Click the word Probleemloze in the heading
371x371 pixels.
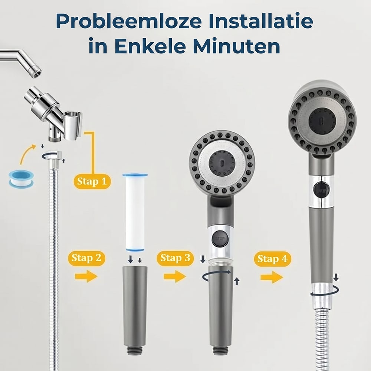click(129, 21)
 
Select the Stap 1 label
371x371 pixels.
click(92, 181)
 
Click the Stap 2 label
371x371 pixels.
click(86, 258)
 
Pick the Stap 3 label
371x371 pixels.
click(175, 258)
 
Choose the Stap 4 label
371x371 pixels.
click(272, 259)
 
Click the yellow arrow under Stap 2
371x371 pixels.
click(86, 276)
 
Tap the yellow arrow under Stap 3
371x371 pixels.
click(175, 276)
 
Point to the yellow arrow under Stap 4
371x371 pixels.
click(272, 277)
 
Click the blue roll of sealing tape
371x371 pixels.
click(21, 179)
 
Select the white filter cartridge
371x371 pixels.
click(135, 212)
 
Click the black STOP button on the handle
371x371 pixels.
click(220, 239)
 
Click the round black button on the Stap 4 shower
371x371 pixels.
click(321, 189)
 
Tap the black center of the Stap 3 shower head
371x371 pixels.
click(222, 164)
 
